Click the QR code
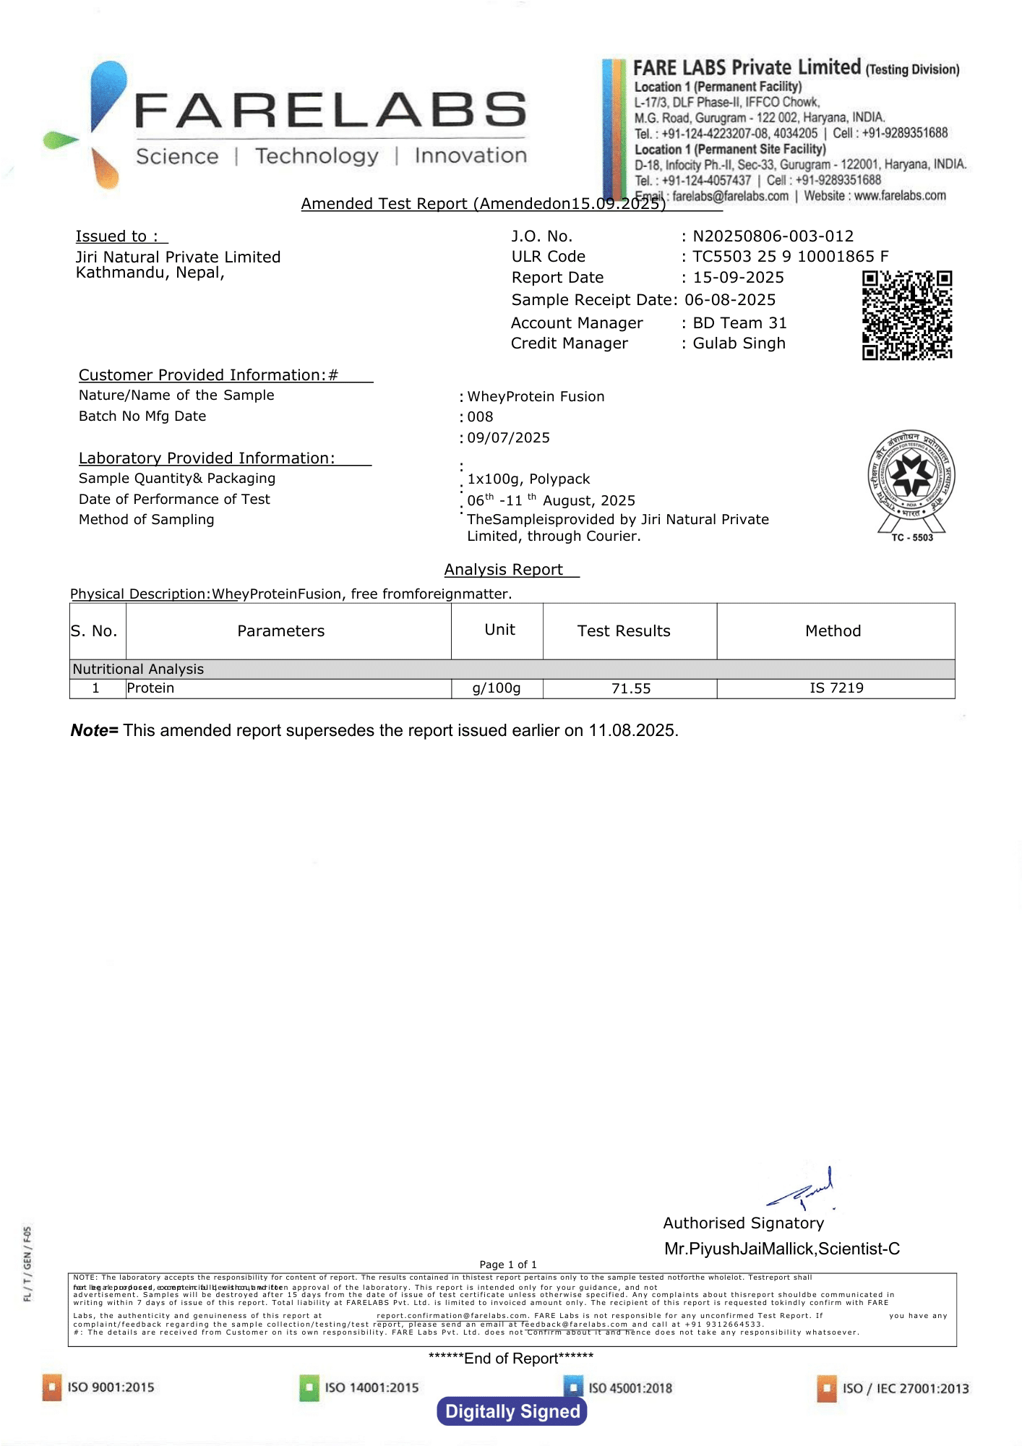click(x=907, y=315)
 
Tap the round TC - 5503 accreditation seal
click(x=911, y=478)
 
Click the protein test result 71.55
click(x=631, y=688)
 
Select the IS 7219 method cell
click(x=836, y=688)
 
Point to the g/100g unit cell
click(x=497, y=688)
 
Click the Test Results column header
click(x=624, y=631)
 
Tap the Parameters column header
click(x=281, y=631)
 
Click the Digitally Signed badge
click(x=512, y=1411)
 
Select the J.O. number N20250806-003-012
click(x=773, y=236)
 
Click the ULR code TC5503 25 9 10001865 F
click(x=790, y=257)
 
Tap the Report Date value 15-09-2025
click(x=738, y=278)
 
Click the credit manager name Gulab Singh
click(x=739, y=343)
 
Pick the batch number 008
click(x=480, y=417)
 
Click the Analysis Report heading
click(x=504, y=570)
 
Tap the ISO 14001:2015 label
click(x=372, y=1387)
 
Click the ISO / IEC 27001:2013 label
click(x=905, y=1388)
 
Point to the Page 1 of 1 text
click(x=508, y=1265)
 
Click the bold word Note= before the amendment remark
click(x=95, y=731)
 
